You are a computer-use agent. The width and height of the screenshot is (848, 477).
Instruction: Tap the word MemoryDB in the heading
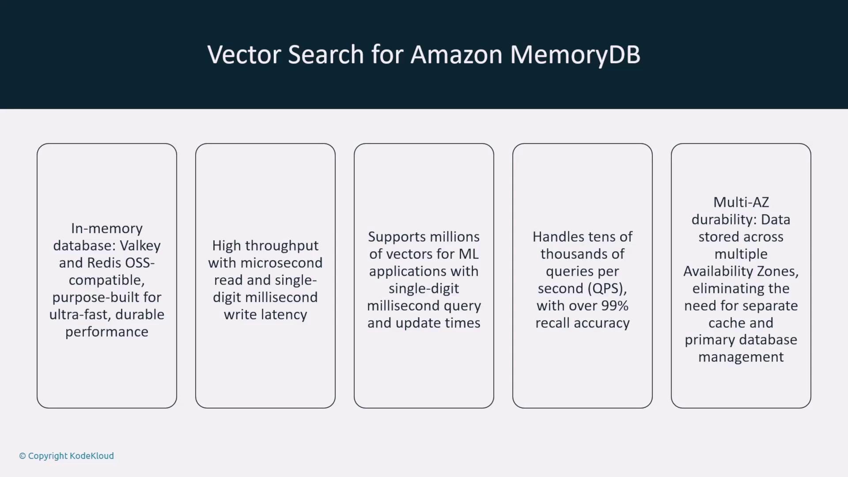pyautogui.click(x=575, y=55)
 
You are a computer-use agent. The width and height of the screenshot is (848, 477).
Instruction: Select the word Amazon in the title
pyautogui.click(x=457, y=54)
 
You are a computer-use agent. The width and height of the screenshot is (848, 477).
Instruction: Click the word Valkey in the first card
pyautogui.click(x=140, y=246)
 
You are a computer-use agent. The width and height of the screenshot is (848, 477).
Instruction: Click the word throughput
pyautogui.click(x=288, y=246)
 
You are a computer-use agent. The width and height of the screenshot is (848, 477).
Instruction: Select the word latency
pyautogui.click(x=284, y=315)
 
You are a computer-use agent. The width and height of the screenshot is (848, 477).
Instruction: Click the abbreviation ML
pyautogui.click(x=469, y=254)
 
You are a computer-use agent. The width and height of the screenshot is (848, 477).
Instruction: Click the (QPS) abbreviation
pyautogui.click(x=607, y=289)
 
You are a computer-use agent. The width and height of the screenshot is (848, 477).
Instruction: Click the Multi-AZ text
pyautogui.click(x=741, y=202)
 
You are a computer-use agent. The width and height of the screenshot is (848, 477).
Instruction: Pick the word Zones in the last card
pyautogui.click(x=778, y=271)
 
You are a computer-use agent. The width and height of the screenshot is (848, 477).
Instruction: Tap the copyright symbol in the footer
pyautogui.click(x=23, y=456)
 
